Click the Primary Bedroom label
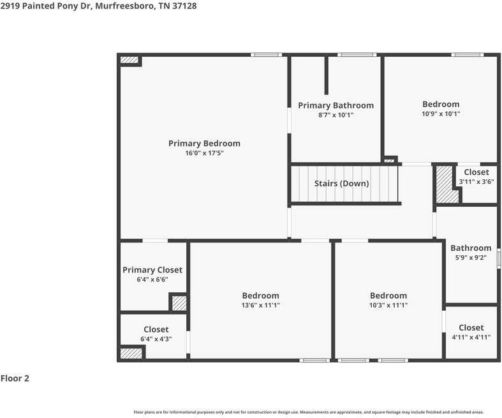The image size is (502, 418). point(204,144)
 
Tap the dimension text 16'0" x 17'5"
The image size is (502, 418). point(204,153)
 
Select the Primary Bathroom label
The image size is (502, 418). point(336,105)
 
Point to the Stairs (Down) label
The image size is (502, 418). point(342,184)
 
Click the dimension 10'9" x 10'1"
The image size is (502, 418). point(441,114)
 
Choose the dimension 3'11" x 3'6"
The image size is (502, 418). point(476,182)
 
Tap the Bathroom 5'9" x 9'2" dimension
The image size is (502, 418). point(471,258)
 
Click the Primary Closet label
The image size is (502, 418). point(152,270)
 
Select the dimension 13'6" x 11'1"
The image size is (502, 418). point(261,305)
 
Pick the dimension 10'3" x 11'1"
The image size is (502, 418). point(388,305)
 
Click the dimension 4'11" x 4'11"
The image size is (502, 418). point(471,338)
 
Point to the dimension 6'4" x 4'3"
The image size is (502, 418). point(156,340)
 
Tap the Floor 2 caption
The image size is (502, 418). point(15,378)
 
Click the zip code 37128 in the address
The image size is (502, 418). point(184,6)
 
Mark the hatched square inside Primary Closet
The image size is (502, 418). point(179,303)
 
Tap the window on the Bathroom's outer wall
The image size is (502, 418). point(498,258)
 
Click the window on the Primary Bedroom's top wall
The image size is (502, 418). point(267,55)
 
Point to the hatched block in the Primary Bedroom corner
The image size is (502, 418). point(129,60)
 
